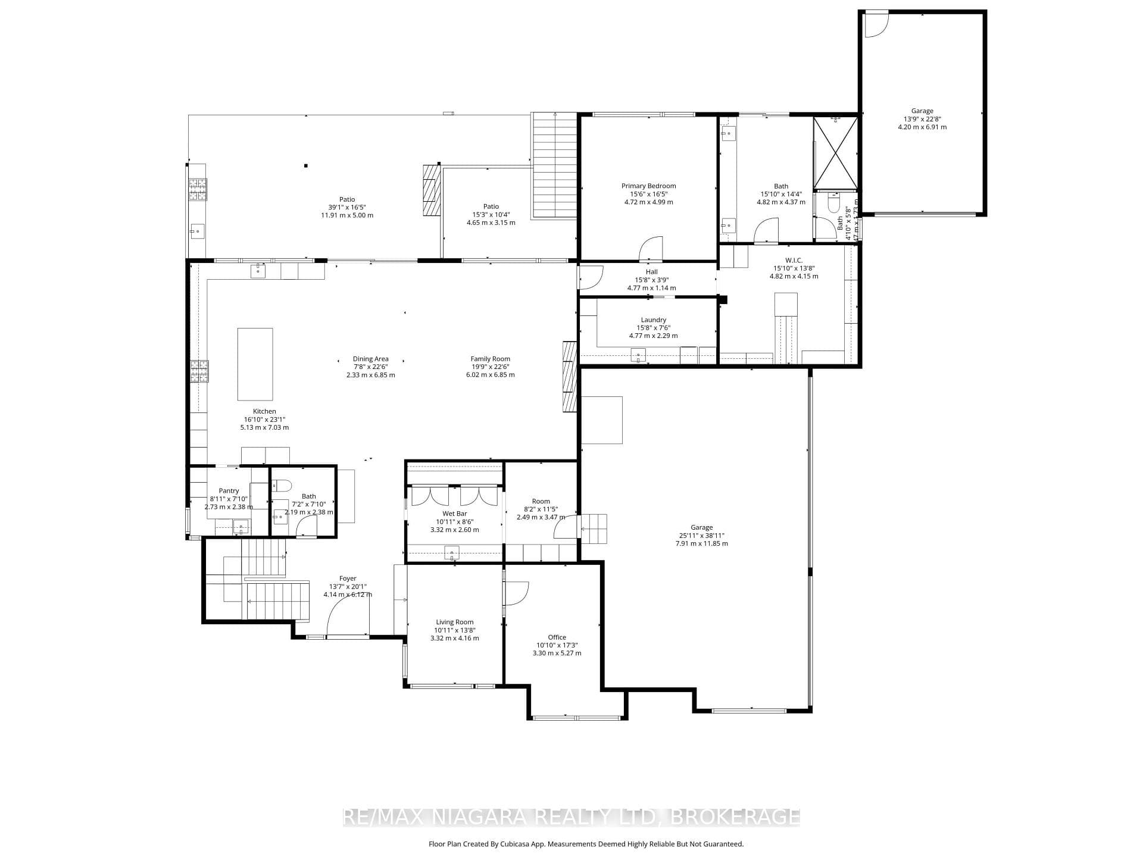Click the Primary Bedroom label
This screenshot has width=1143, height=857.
(x=648, y=186)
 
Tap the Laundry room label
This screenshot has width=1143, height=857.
(x=653, y=320)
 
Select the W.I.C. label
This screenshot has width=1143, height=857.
(x=794, y=260)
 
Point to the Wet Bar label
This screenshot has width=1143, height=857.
(x=454, y=514)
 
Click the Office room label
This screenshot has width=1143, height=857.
(x=557, y=637)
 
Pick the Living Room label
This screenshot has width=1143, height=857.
(x=454, y=622)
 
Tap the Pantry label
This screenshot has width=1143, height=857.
(x=229, y=491)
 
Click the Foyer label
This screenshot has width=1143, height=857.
(x=348, y=578)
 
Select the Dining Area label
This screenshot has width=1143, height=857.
(x=370, y=359)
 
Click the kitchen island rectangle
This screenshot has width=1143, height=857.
(x=255, y=364)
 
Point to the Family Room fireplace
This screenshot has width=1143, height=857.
(x=570, y=376)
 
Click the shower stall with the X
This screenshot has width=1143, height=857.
(x=836, y=152)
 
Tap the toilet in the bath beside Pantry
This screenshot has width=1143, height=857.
(x=282, y=486)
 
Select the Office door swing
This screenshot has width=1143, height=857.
(x=516, y=593)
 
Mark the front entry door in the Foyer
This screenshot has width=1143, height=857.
(x=348, y=616)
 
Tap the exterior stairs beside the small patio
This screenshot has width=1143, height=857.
(x=554, y=165)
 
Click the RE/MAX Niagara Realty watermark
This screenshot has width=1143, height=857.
(x=571, y=817)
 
